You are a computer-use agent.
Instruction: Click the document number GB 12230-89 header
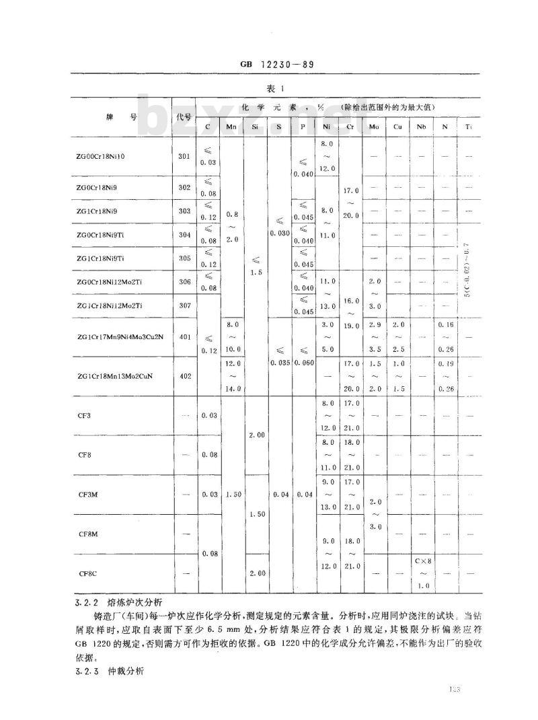click(x=278, y=65)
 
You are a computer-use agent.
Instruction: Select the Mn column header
click(x=231, y=127)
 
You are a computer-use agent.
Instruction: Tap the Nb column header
click(x=421, y=127)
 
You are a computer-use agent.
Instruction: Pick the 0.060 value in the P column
click(x=303, y=362)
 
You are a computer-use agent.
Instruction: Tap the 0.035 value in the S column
click(x=280, y=362)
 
